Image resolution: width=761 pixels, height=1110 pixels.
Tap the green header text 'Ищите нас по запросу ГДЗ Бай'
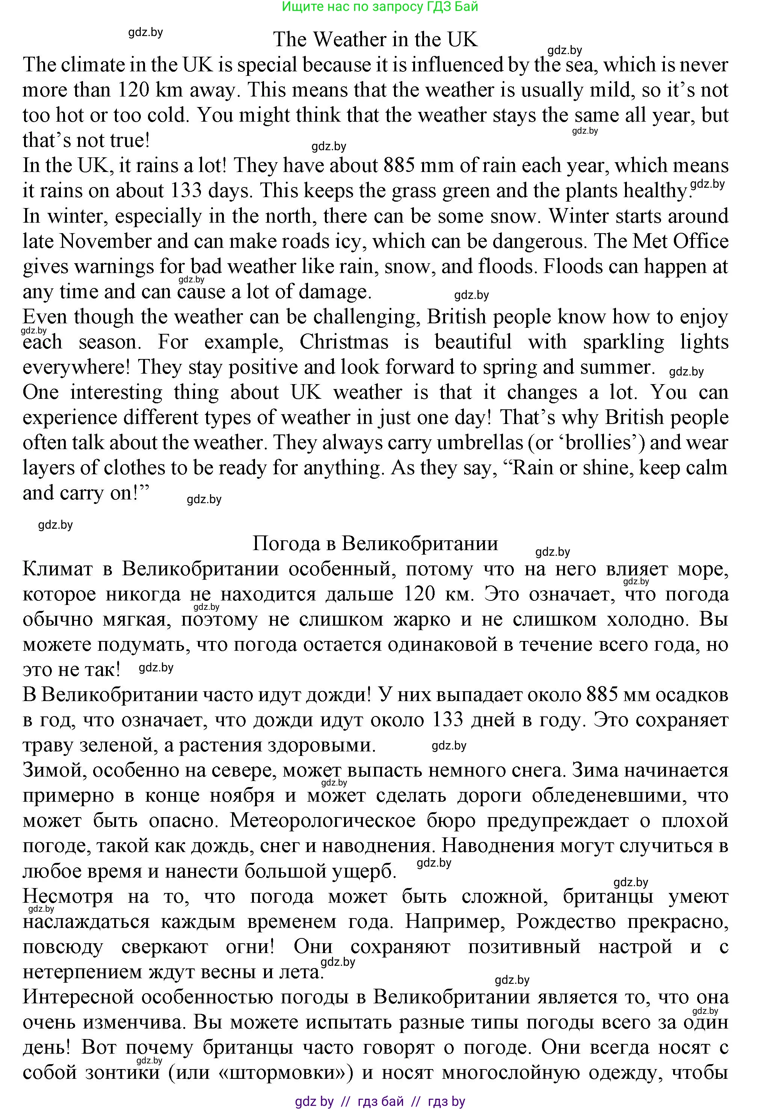380,7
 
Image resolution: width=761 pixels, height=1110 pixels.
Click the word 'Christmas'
344,342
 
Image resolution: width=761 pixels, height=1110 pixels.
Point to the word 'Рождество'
566,921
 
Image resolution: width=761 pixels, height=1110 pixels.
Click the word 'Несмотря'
68,896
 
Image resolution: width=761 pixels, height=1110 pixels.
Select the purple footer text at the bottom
380,1101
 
